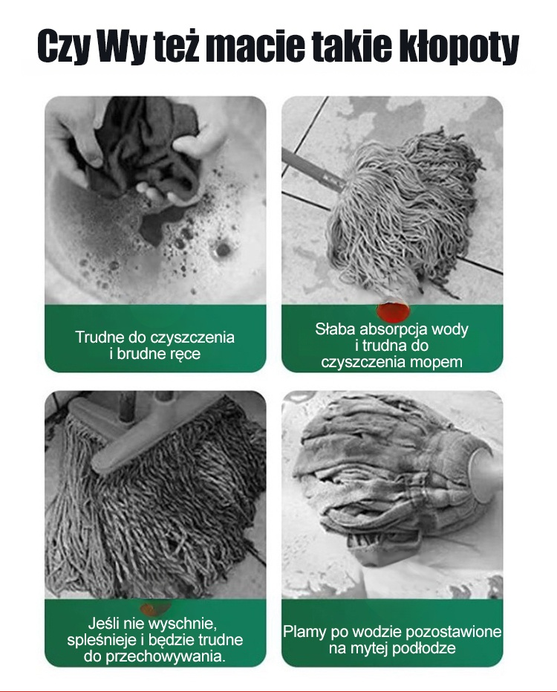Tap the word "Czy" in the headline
pyautogui.click(x=60, y=46)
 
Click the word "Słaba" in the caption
pyautogui.click(x=335, y=329)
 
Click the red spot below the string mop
pyautogui.click(x=393, y=311)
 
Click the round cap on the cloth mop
pyautogui.click(x=484, y=474)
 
